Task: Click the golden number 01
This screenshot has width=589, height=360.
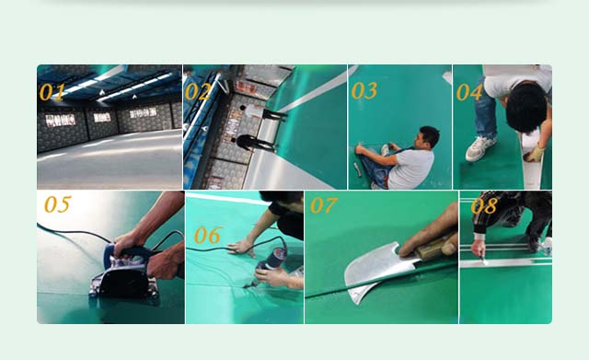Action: (x=52, y=92)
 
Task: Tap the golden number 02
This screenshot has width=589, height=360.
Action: (x=198, y=92)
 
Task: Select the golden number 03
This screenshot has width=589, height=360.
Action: (x=364, y=90)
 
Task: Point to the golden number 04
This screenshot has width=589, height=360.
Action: (x=469, y=92)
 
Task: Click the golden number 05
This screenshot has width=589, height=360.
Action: (x=57, y=204)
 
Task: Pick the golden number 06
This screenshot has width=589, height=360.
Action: (x=208, y=235)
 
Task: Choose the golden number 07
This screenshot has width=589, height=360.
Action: (x=323, y=205)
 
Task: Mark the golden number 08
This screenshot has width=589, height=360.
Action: (x=484, y=205)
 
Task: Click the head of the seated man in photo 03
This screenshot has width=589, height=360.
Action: (x=428, y=137)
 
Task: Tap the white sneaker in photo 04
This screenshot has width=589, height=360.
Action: (x=480, y=148)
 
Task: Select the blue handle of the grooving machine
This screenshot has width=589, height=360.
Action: (x=128, y=251)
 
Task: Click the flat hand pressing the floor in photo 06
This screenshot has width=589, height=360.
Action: (x=241, y=248)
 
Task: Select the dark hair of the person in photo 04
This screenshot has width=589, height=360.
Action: (x=526, y=108)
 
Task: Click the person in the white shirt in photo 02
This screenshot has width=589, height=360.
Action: (x=261, y=112)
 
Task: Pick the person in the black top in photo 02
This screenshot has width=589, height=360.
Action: (x=256, y=144)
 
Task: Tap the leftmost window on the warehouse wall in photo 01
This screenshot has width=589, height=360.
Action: (x=61, y=121)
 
